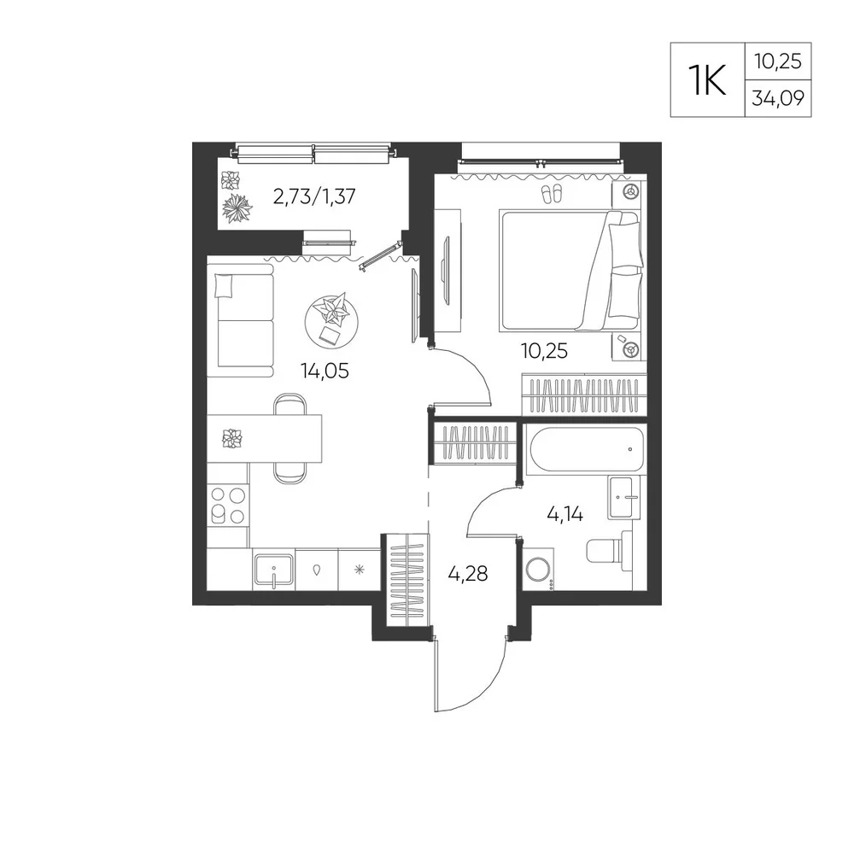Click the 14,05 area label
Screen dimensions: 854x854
(x=325, y=371)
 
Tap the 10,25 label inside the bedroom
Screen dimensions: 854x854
(x=544, y=351)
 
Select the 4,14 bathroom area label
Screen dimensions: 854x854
(x=564, y=513)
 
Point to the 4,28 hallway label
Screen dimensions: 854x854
(x=468, y=574)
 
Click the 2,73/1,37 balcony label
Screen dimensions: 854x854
(x=314, y=196)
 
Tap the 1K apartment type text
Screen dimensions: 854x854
(x=707, y=80)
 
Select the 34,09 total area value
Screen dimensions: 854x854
(x=778, y=98)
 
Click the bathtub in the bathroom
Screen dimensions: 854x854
(x=587, y=449)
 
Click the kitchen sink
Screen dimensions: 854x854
(x=273, y=570)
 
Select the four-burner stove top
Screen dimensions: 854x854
(x=228, y=506)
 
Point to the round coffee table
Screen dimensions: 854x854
(x=331, y=323)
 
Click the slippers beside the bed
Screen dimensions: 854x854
(x=552, y=195)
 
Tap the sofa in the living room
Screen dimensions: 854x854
(x=240, y=320)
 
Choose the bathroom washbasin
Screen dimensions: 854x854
(x=628, y=497)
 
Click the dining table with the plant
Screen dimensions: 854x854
(x=265, y=439)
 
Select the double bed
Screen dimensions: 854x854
(x=569, y=271)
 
